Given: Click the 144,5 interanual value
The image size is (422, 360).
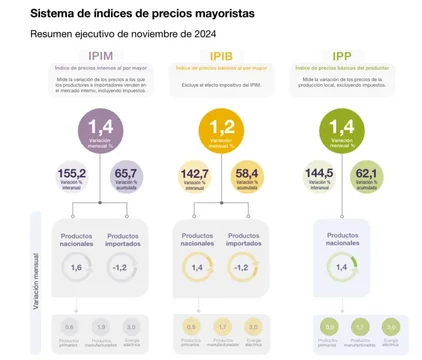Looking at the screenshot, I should click(x=317, y=173).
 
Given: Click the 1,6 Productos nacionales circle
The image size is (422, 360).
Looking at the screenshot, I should click(x=76, y=269).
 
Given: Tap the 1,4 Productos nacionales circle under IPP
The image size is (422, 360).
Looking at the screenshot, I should click(x=343, y=267).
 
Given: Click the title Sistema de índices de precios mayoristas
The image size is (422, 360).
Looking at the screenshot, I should click(x=128, y=14).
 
